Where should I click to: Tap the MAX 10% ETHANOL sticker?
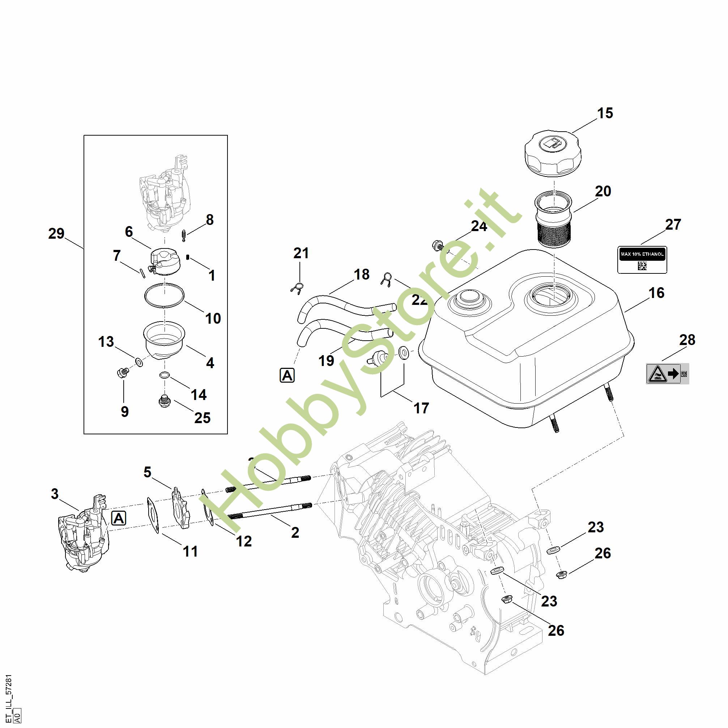coord(642,260)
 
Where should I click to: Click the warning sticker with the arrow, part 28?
coord(667,374)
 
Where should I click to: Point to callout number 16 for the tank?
coord(656,293)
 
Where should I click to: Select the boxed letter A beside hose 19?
coord(287,375)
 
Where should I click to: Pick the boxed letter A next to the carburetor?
coord(119,519)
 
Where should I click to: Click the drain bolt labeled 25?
coord(164,402)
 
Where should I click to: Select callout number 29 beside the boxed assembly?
coord(56,234)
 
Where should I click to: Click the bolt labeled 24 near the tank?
coord(438,246)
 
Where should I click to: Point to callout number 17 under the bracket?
coord(421,408)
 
